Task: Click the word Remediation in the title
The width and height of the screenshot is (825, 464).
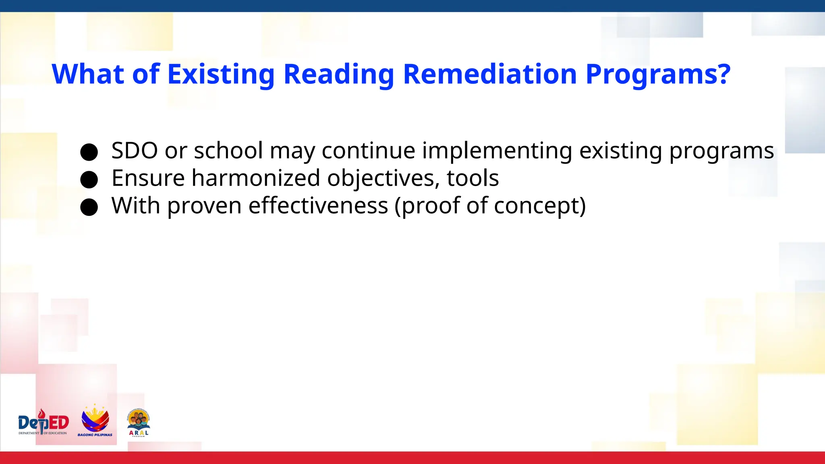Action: pyautogui.click(x=490, y=75)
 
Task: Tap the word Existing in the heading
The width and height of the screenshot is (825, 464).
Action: pyautogui.click(x=221, y=75)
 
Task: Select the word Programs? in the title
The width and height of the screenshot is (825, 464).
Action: pyautogui.click(x=657, y=75)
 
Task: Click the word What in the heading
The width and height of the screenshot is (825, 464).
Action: pyautogui.click(x=88, y=75)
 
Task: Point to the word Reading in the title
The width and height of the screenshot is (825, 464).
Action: pyautogui.click(x=338, y=75)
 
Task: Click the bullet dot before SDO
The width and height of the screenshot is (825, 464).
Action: pyautogui.click(x=89, y=152)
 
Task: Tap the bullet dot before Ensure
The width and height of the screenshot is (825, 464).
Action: pyautogui.click(x=89, y=180)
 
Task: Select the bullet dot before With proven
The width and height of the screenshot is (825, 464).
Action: pyautogui.click(x=89, y=207)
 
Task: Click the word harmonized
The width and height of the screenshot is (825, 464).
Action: pyautogui.click(x=256, y=178)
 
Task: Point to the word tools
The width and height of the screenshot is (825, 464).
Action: pyautogui.click(x=473, y=178)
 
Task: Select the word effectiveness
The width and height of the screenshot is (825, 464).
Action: pyautogui.click(x=318, y=205)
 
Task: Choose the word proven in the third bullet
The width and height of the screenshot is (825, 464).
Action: pyautogui.click(x=204, y=206)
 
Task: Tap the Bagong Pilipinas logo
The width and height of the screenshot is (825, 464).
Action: pyautogui.click(x=95, y=420)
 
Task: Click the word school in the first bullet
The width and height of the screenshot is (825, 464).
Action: pyautogui.click(x=228, y=151)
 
